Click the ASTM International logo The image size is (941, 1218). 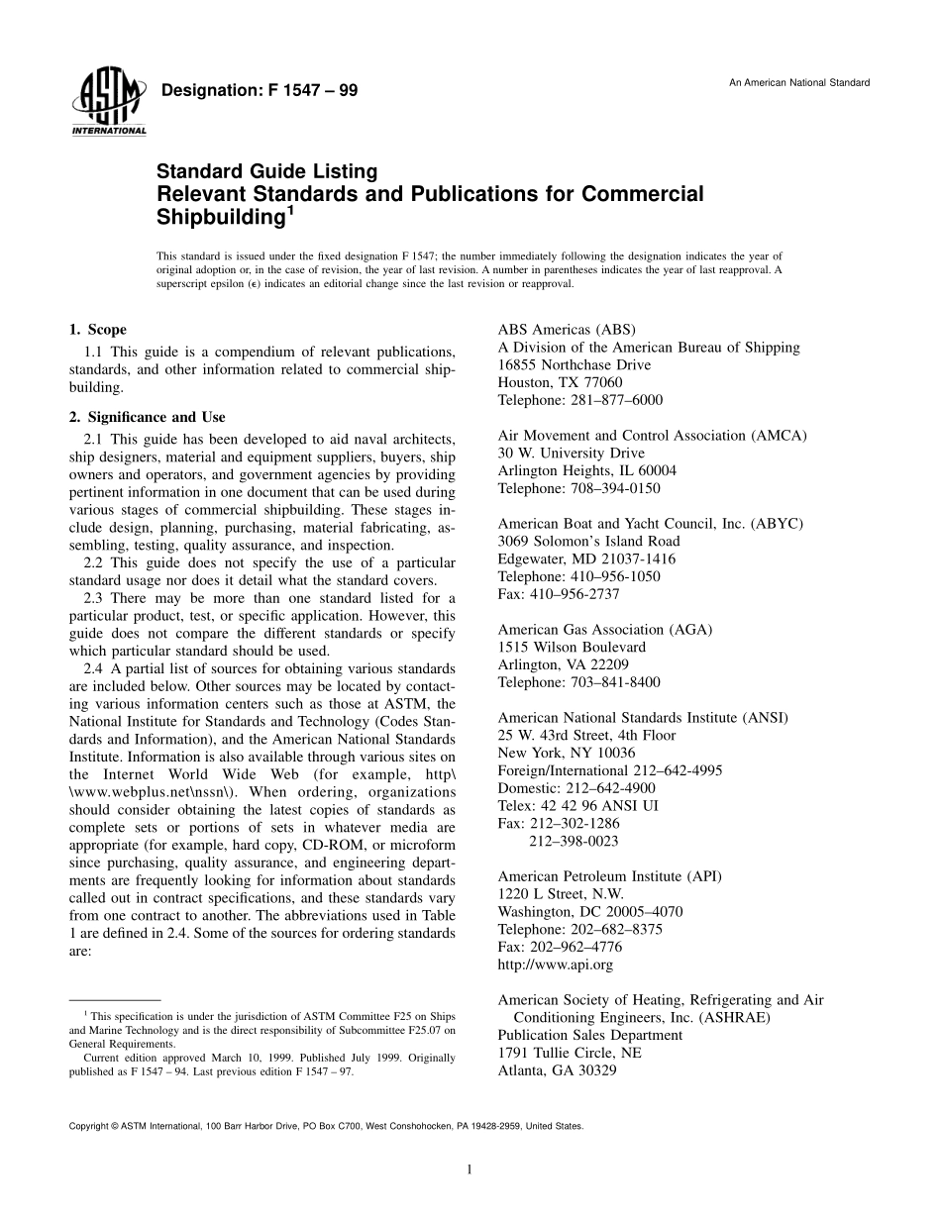coord(108,104)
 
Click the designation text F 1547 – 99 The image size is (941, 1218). coord(259,91)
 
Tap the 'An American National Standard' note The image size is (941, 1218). coord(799,82)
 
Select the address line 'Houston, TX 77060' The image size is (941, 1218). coord(560,382)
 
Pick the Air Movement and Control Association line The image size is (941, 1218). coord(652,435)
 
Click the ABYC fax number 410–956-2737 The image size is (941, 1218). coord(559,594)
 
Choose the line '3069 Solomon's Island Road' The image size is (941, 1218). coord(588,541)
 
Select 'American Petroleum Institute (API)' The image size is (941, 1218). coord(609,875)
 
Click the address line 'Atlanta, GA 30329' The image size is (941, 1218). coord(557,1070)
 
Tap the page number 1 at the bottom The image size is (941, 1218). coord(470,1169)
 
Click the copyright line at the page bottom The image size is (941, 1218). coord(325,1126)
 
